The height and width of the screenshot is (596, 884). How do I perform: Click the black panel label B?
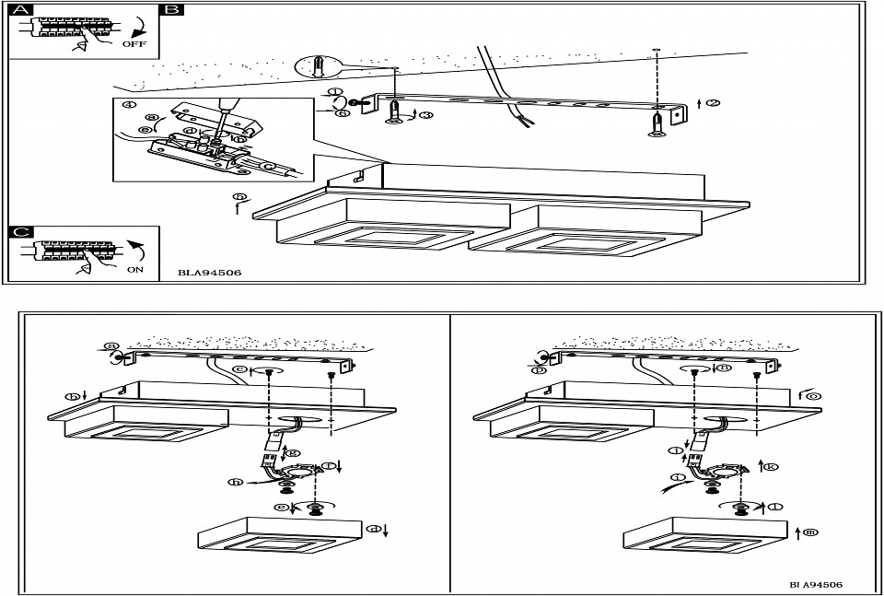pos(171,11)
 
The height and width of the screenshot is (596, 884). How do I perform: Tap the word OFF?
pos(134,42)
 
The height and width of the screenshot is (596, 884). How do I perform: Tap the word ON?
pos(135,271)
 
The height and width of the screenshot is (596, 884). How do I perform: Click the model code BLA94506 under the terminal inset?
pos(210,274)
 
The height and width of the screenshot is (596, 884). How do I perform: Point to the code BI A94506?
pos(815,584)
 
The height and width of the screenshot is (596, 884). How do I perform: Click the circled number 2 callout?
pos(713,102)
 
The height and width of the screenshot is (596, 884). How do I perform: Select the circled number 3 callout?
pos(425,112)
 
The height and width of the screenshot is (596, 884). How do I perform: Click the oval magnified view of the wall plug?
pos(317,66)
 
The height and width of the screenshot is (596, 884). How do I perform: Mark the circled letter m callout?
pos(809,532)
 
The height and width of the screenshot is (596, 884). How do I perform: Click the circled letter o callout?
pos(814,395)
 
